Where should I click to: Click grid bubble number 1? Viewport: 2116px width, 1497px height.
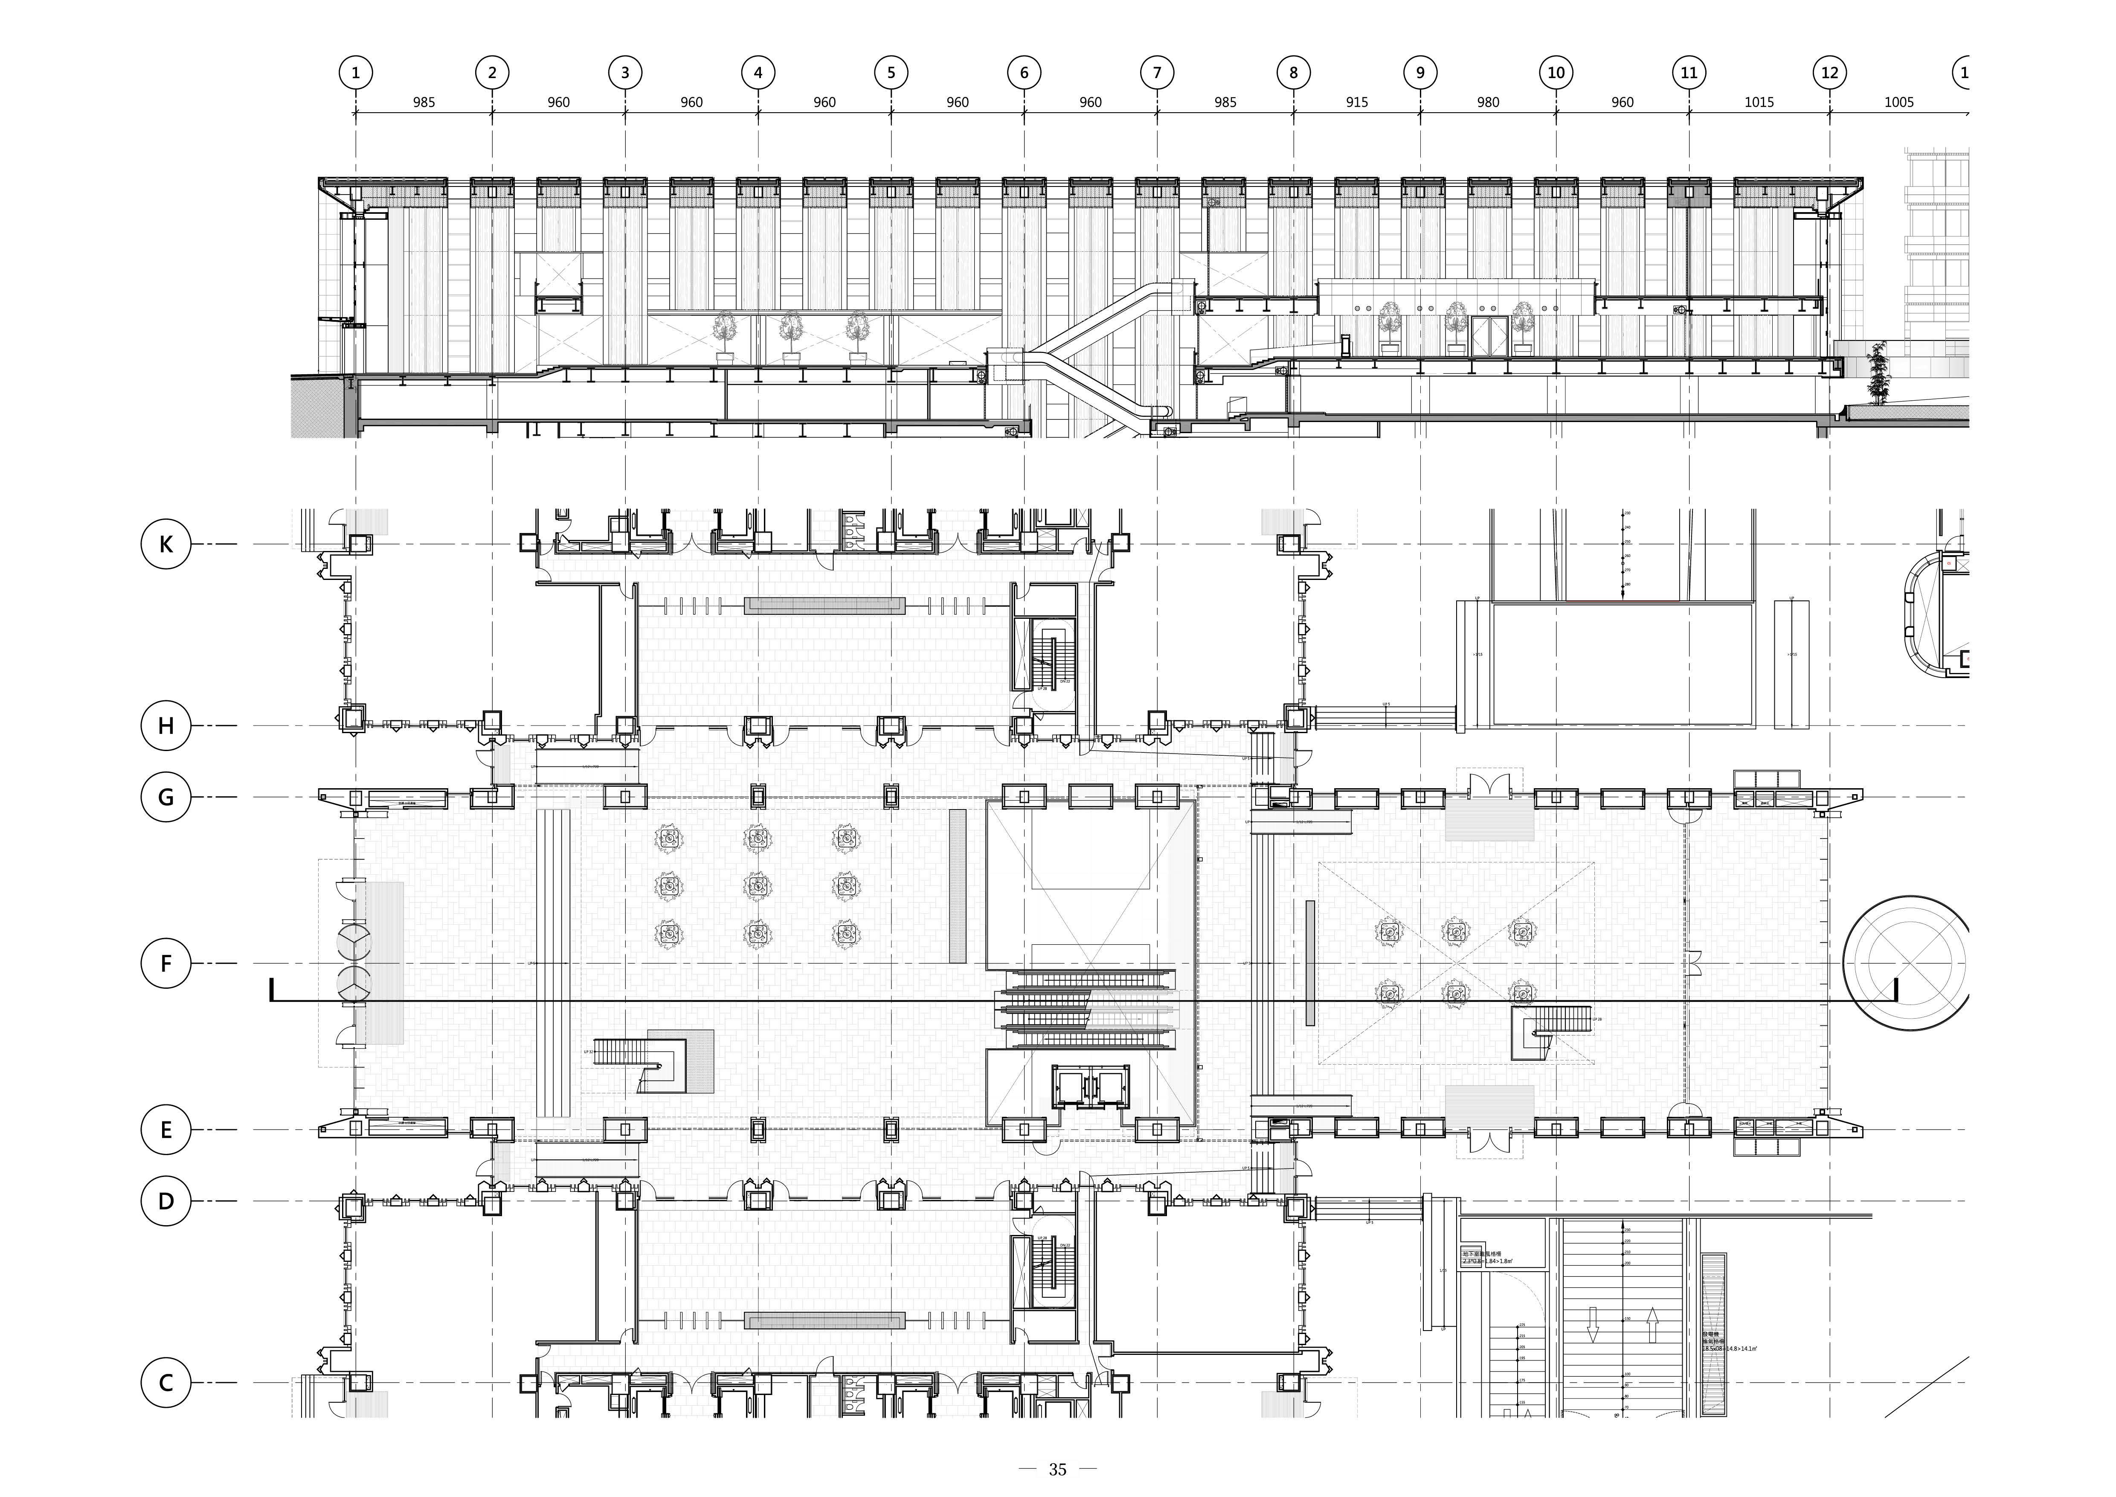pos(356,72)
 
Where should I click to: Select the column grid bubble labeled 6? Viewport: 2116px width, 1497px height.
pos(1024,72)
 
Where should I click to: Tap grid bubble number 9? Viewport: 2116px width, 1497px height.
pos(1420,72)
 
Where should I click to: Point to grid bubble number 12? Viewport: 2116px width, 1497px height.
pos(1829,72)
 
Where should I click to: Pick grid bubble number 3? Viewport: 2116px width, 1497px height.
pos(625,72)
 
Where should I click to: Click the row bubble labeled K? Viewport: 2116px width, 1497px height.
pos(166,544)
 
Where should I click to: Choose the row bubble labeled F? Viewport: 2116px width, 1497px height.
pos(166,963)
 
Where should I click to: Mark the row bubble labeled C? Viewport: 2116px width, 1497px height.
pos(166,1383)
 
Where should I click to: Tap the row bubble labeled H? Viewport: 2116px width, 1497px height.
pos(166,725)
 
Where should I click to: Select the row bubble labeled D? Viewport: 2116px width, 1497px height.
pos(166,1201)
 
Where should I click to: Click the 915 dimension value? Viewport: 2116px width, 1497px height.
pos(1357,102)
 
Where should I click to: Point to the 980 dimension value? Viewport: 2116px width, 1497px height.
pos(1489,102)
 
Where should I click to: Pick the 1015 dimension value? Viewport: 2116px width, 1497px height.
pos(1759,102)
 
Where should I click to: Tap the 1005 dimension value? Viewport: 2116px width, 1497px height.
pos(1898,102)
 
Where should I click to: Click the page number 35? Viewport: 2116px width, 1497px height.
pos(1057,1469)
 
